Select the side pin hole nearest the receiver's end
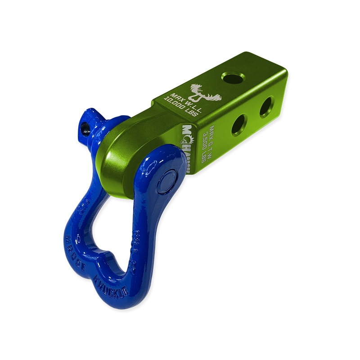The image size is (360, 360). point(266,106)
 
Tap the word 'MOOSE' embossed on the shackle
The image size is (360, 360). point(76,252)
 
